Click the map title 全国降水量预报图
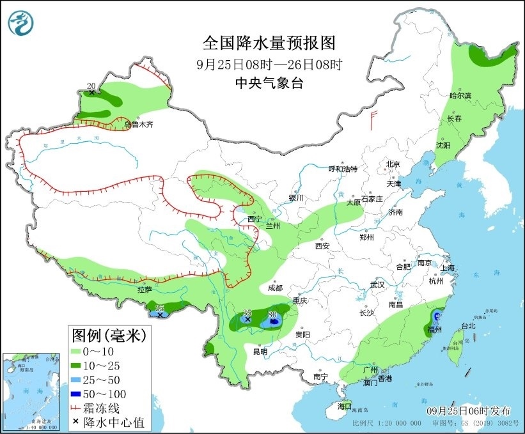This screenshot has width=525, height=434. pos(269,43)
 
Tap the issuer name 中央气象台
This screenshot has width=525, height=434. pos(269,82)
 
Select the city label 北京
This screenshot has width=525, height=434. pos(393,164)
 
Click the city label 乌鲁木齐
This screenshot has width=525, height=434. pos(139,125)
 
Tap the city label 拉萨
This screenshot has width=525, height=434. pos(145,290)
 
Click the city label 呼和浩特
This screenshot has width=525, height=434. pos(343,169)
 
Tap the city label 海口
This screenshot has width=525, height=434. pos(345,406)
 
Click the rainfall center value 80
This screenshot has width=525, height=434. pos(272,314)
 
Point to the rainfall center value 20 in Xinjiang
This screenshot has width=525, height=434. pos(91,86)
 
